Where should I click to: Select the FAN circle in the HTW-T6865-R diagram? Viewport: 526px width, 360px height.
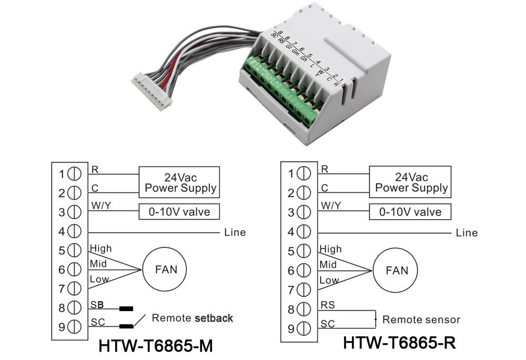[396, 270]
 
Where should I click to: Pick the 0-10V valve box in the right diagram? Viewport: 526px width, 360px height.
[410, 211]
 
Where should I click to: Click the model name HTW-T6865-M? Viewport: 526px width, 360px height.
[156, 346]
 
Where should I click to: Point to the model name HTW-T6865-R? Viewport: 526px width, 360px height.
[399, 343]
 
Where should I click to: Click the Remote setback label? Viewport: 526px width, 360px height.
[192, 318]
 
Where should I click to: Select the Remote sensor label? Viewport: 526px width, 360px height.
[421, 320]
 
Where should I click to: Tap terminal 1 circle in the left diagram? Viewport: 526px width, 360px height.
[74, 174]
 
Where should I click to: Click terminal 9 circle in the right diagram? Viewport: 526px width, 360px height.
[304, 328]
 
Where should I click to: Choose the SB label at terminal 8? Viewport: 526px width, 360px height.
[97, 305]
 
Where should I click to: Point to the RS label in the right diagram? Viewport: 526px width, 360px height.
[328, 305]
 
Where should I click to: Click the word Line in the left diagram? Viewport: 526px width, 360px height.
[235, 232]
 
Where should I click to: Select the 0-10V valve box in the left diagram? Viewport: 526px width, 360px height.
[179, 211]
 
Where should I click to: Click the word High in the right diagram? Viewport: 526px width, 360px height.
[330, 250]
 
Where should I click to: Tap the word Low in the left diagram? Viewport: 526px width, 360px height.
[99, 279]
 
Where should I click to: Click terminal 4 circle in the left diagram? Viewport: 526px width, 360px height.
[74, 231]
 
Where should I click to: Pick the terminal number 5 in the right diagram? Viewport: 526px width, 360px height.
[291, 251]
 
